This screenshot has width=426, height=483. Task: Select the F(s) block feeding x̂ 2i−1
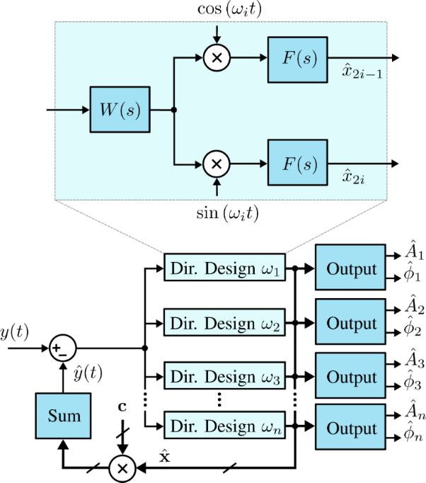(x=298, y=59)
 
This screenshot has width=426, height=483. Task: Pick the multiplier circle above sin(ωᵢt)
(x=217, y=164)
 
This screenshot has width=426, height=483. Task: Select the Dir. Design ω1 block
(x=224, y=268)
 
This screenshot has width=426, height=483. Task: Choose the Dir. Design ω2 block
(x=224, y=324)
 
